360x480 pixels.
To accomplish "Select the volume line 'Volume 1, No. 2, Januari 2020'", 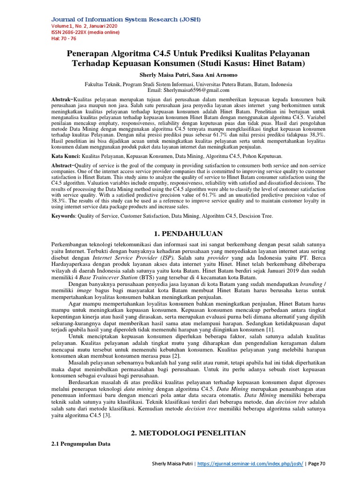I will click(x=84, y=26).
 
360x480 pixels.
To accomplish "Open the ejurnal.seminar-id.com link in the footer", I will click(x=250, y=464).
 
